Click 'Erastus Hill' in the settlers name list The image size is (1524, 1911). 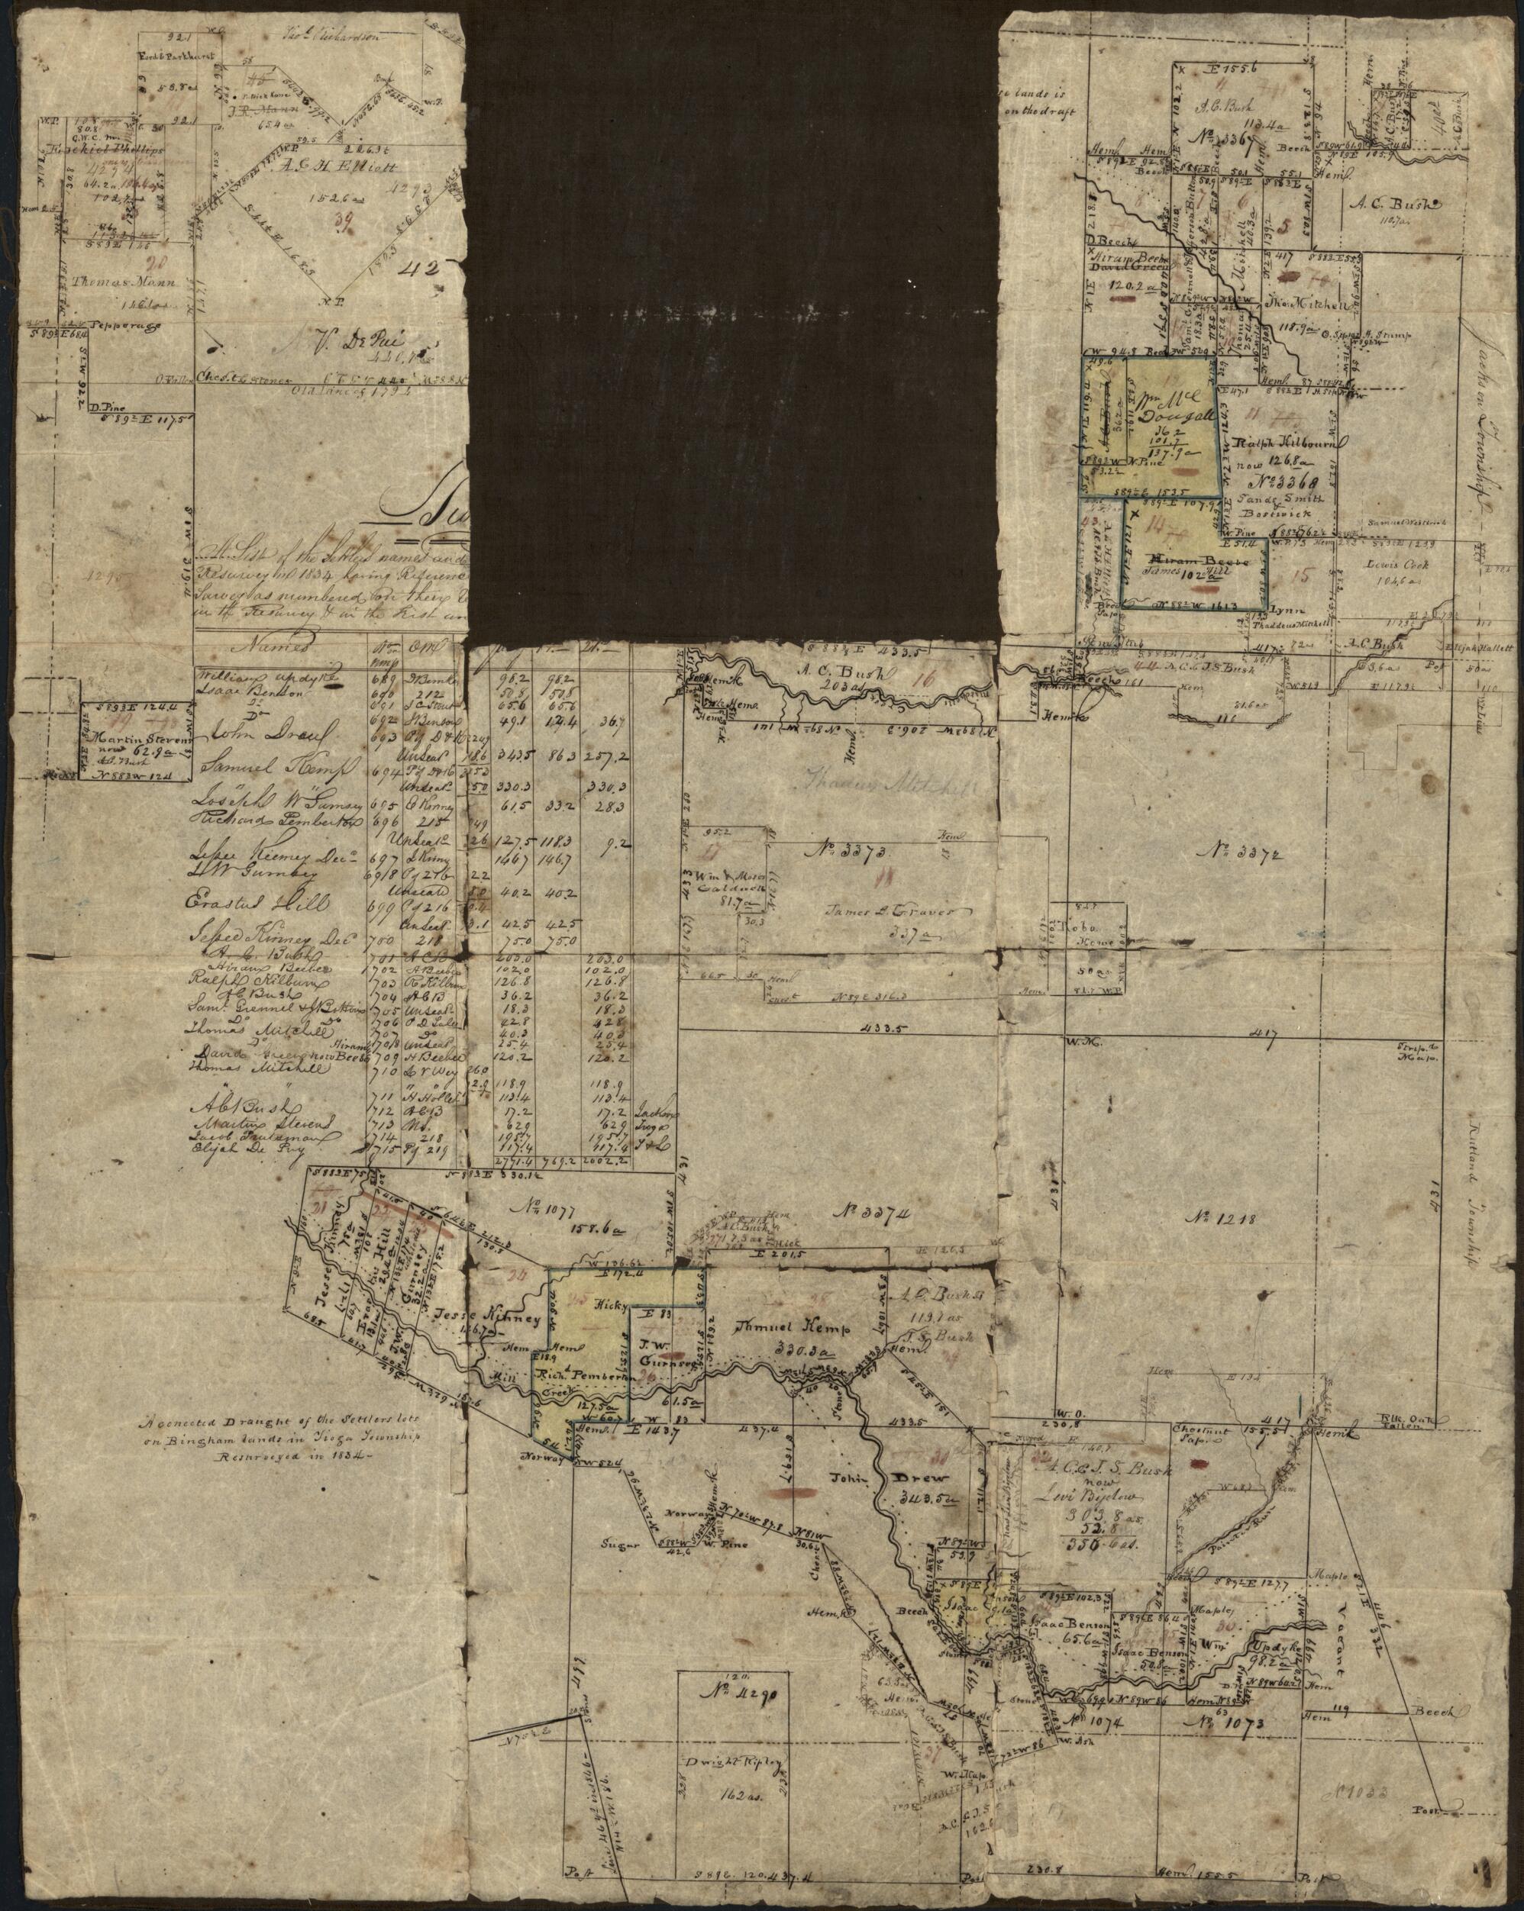tap(258, 902)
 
